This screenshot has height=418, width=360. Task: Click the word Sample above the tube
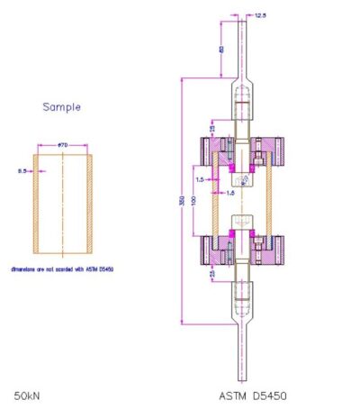[x=62, y=106]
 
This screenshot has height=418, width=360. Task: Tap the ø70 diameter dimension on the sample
[x=63, y=145]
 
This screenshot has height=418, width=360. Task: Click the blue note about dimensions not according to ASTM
[x=62, y=268]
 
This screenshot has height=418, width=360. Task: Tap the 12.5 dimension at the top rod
[x=261, y=14]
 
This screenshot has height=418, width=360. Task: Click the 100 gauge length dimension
[x=202, y=198]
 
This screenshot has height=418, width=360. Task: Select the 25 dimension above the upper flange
[x=212, y=128]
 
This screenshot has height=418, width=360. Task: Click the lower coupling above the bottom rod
[x=243, y=297]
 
